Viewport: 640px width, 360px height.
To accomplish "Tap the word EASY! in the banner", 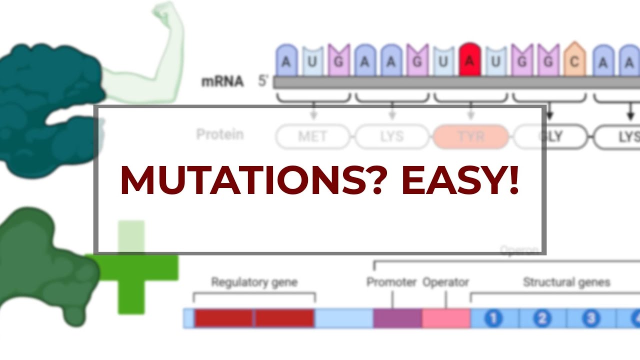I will (x=460, y=179).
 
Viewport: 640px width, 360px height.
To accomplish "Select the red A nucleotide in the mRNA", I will (x=469, y=60).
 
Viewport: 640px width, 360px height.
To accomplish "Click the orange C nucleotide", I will (x=574, y=60).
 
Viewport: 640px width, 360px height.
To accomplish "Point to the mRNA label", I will (x=222, y=81).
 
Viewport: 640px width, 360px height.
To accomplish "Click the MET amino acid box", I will (x=313, y=136).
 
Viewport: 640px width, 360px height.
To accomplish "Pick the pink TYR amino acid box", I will (x=470, y=136).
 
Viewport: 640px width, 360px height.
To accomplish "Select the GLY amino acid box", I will (x=549, y=136).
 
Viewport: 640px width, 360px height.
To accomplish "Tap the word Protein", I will (x=219, y=134).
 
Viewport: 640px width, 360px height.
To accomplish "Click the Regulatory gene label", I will (x=254, y=282).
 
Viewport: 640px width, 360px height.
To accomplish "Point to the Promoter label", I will (x=391, y=282).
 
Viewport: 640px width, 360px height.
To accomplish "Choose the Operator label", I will (x=445, y=282).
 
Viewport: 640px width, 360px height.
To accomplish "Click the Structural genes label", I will (x=566, y=282).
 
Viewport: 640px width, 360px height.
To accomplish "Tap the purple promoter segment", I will (x=397, y=318).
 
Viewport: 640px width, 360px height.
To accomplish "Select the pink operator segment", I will (x=446, y=318).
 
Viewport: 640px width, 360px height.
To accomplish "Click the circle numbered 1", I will (x=493, y=318).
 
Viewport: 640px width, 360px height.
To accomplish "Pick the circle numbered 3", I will (x=590, y=318).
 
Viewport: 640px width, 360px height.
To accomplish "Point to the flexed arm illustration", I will (x=155, y=50).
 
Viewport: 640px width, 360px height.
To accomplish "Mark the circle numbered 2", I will (x=542, y=318).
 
